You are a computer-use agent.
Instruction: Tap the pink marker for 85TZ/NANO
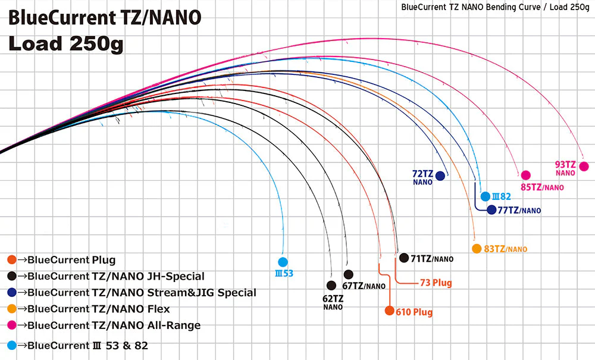525,175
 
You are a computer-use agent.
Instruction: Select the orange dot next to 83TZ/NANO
476,249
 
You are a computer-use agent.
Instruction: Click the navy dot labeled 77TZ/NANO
491,209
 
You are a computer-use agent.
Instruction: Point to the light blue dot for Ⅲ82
485,195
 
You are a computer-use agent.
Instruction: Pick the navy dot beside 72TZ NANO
440,176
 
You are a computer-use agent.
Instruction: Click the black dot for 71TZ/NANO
405,258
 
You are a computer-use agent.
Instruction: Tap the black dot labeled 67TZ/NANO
349,274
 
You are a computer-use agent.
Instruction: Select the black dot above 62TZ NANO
331,285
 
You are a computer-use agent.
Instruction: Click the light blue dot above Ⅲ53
283,261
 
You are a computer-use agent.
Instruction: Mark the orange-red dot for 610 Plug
389,311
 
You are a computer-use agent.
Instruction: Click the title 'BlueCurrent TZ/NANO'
105,18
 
